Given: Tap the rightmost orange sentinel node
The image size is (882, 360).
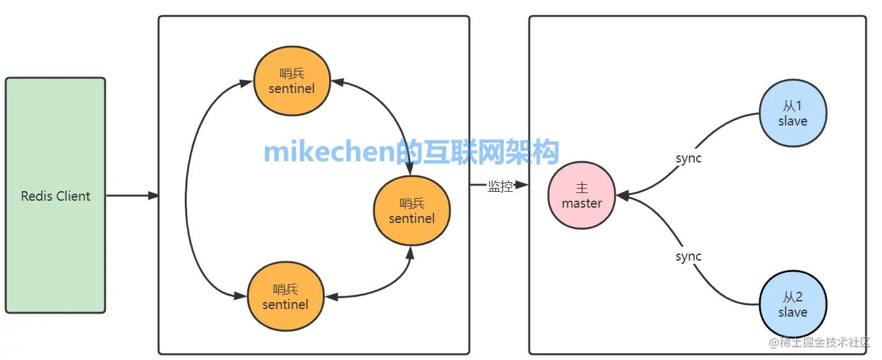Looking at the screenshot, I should coord(412,211).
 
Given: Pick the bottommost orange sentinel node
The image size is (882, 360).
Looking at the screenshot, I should coord(285,297).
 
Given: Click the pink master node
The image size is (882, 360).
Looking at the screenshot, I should coord(581,196).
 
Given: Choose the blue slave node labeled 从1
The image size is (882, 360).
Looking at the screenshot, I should coord(793,113).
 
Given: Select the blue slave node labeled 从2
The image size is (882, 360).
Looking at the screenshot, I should coord(793,305).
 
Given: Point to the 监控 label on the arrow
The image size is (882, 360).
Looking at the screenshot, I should coord(500,186).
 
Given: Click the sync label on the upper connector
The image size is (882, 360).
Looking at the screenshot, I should coord(688,158).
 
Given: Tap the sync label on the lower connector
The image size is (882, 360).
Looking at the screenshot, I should coord(688,256).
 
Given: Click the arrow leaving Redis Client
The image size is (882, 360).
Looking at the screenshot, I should coord(131,196).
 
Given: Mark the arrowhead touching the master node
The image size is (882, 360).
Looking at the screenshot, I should coord(623,196).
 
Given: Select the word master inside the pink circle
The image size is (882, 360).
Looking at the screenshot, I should coord(581,204).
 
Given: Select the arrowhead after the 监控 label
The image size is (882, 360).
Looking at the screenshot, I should coord(522,185).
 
